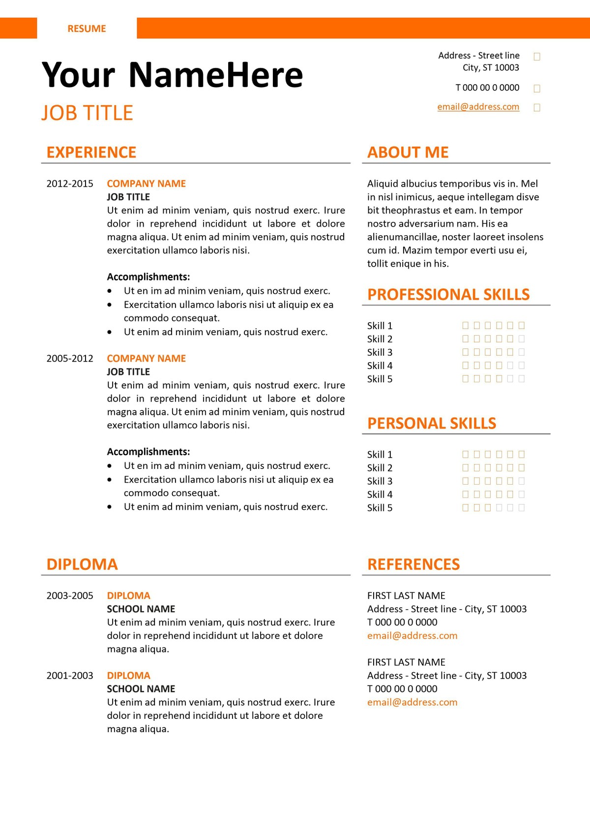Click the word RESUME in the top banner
87,29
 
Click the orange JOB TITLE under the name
87,113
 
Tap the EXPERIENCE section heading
91,153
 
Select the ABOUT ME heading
408,153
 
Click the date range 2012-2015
70,184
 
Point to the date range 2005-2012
70,359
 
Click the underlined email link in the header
478,107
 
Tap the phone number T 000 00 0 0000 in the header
487,88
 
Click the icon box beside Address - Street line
537,57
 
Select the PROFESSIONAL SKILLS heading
448,295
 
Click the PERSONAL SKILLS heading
432,424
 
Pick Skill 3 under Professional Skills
380,352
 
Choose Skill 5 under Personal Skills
380,508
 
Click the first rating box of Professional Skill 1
465,325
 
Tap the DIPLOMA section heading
82,564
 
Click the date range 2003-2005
70,596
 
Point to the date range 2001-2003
70,676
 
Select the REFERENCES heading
413,564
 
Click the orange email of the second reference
412,703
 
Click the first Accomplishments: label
148,277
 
